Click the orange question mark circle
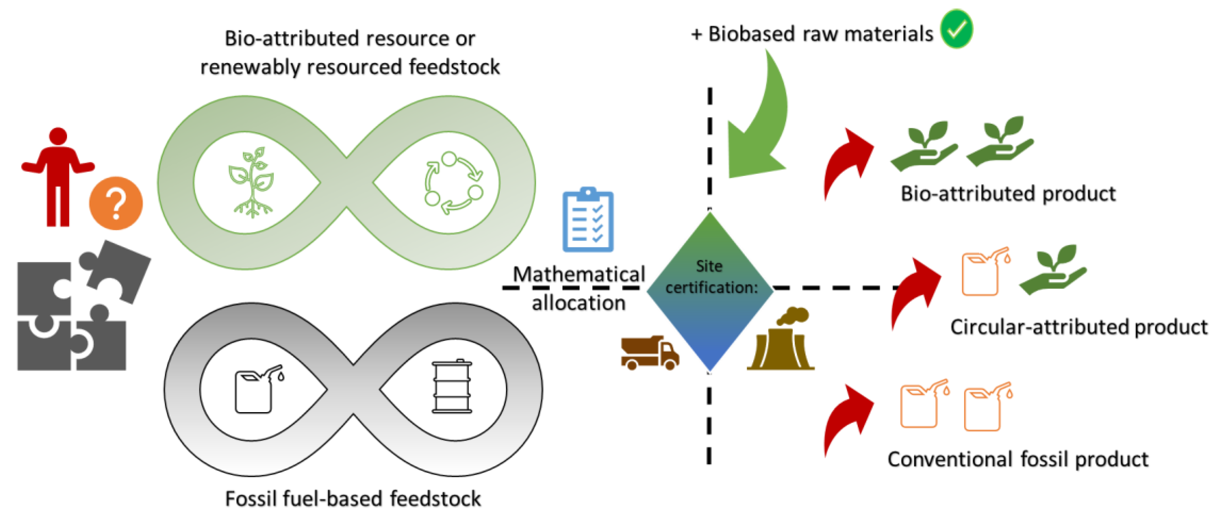(x=116, y=203)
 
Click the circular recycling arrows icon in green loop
(x=453, y=183)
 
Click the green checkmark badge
(x=956, y=29)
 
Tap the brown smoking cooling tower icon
(x=781, y=340)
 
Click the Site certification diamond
(x=709, y=292)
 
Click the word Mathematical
(x=579, y=274)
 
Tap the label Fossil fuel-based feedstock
(x=353, y=499)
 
